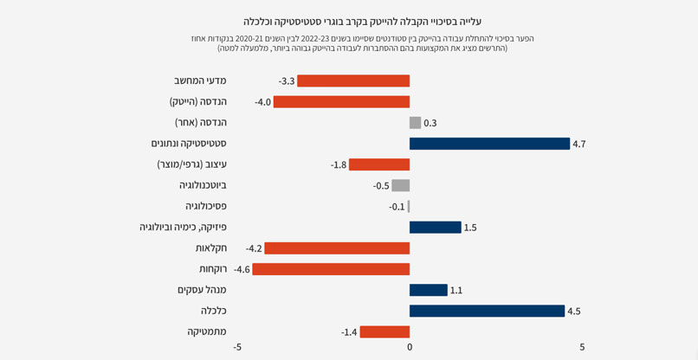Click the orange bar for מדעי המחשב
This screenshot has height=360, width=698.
coord(353,80)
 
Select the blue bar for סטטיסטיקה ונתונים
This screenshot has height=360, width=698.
coord(489,144)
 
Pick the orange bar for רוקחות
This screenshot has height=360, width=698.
coord(331,269)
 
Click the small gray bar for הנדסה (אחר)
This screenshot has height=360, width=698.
coord(415,123)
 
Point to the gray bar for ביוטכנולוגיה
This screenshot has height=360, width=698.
coord(401,185)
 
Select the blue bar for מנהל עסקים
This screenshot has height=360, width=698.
coord(428,290)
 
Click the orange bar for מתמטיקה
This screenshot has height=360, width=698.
coord(385,331)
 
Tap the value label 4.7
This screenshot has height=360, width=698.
coord(579,145)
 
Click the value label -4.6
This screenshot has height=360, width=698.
coord(242,270)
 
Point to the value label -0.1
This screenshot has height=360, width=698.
coord(397,207)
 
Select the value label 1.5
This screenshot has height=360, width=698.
coord(470,228)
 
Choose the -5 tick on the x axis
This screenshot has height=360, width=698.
coord(237,348)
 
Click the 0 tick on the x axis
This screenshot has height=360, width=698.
coord(410,348)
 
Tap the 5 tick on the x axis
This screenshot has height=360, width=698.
coord(582,348)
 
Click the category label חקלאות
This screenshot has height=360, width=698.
coord(211,248)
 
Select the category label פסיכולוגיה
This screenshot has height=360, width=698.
coord(206,206)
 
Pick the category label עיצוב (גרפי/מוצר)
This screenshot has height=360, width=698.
coord(192,164)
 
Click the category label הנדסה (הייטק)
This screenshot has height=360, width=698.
coord(197,101)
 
